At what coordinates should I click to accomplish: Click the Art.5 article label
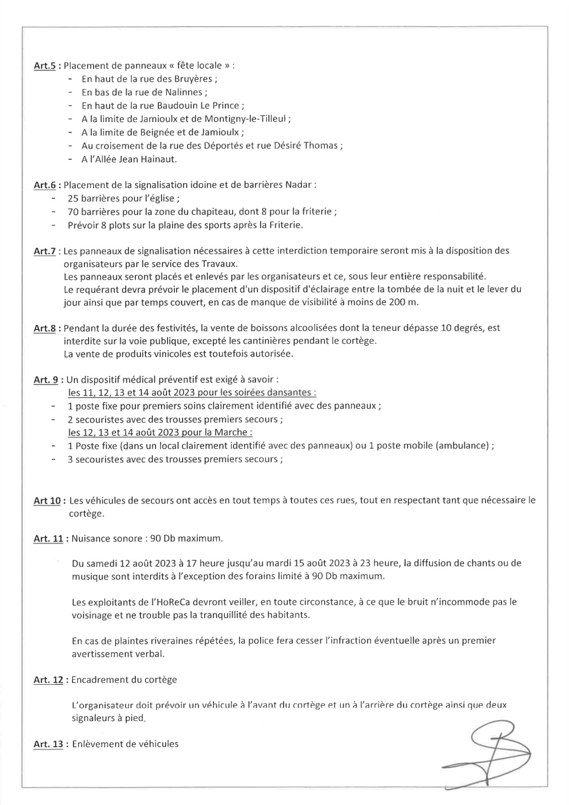44,65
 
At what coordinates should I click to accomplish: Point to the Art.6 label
44,185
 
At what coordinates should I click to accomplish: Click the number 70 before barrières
72,211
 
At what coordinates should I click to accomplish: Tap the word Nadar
298,185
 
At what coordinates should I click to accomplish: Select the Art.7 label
44,251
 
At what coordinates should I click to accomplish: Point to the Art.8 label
44,328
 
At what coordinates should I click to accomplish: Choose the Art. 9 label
46,380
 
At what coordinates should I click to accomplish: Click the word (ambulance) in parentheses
465,446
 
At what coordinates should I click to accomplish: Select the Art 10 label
47,501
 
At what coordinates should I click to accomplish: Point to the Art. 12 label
48,680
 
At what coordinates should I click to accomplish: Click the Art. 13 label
48,744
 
